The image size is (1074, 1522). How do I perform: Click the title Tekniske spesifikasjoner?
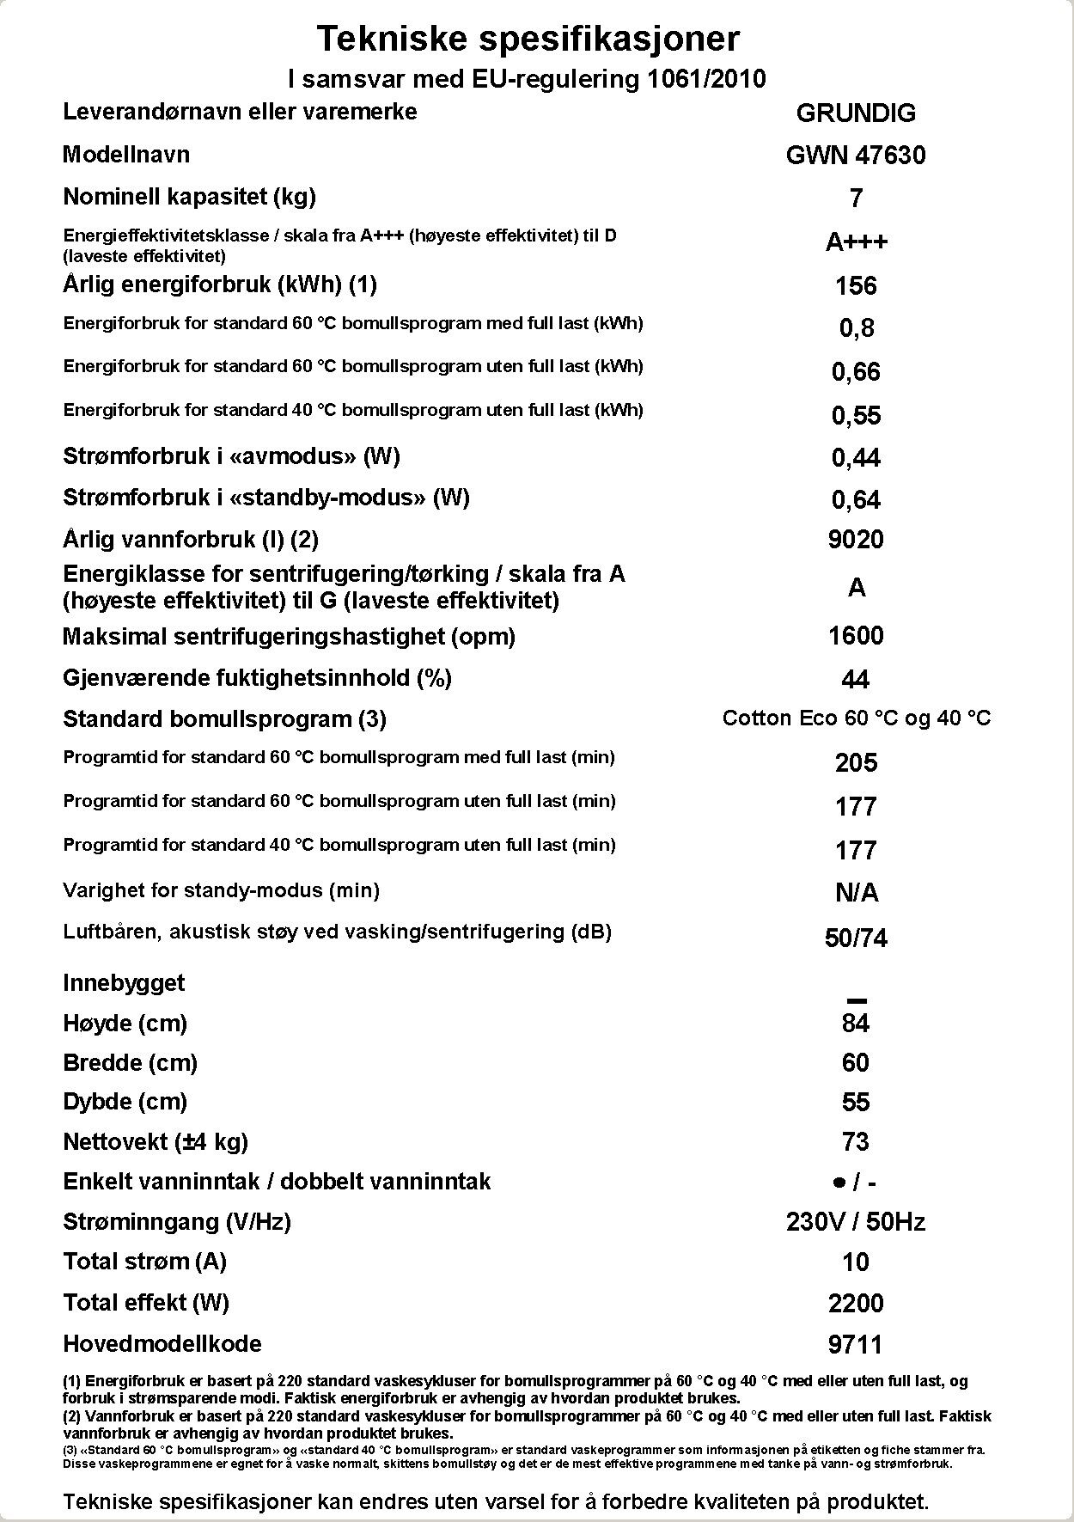[x=528, y=39]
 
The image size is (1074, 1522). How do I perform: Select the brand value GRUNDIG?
[x=856, y=113]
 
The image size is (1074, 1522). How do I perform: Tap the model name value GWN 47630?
[x=856, y=156]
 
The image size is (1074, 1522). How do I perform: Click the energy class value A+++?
[x=856, y=242]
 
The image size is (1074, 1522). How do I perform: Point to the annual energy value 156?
[x=856, y=285]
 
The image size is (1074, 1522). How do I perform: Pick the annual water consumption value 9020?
[x=856, y=540]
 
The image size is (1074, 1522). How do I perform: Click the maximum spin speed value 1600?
[x=856, y=636]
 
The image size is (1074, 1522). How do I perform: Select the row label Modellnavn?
[x=126, y=155]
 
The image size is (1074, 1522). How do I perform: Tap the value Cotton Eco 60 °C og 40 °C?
[x=856, y=718]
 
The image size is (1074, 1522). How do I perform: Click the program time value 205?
[x=856, y=763]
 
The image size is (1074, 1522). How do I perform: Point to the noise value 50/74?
[x=856, y=938]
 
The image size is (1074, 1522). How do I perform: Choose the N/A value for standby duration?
[x=856, y=894]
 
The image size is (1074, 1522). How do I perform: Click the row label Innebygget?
[x=124, y=983]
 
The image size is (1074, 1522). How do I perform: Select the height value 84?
[x=856, y=1024]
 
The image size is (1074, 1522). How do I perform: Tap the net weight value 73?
[x=856, y=1142]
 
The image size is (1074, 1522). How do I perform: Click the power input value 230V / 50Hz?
[x=856, y=1222]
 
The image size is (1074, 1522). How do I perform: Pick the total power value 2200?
[x=856, y=1304]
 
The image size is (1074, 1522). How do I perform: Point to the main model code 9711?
[x=856, y=1345]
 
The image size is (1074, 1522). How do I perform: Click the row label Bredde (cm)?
[x=130, y=1063]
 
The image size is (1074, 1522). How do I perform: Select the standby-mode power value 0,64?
[x=856, y=499]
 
